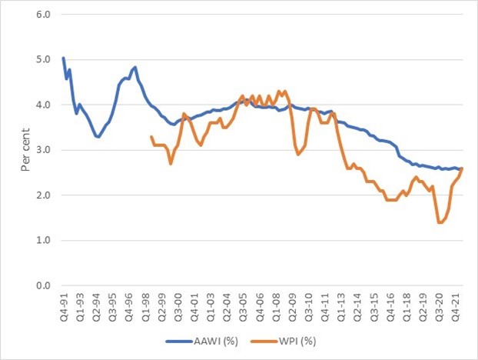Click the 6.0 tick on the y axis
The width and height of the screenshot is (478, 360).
click(x=45, y=14)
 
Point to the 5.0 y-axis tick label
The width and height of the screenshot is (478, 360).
click(x=45, y=59)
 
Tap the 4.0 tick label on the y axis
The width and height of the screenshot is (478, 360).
click(x=45, y=105)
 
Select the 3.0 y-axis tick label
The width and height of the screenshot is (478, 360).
click(x=45, y=150)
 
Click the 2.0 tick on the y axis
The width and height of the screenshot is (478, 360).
click(x=45, y=195)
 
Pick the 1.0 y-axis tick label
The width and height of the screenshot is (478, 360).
click(x=45, y=241)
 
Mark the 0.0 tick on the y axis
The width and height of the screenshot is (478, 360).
click(x=45, y=286)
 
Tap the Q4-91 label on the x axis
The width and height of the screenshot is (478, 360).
click(x=63, y=305)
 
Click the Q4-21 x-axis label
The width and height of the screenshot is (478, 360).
click(x=456, y=305)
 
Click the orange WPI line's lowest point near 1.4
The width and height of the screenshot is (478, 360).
click(x=439, y=222)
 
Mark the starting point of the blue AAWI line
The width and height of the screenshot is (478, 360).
click(x=63, y=58)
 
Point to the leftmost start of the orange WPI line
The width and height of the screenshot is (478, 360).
click(x=151, y=136)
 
